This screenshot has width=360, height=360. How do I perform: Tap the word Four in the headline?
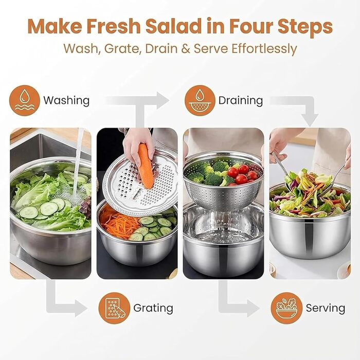click(251, 26)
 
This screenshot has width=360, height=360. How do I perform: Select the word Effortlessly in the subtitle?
click(264, 49)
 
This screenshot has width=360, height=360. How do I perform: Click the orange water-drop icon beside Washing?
click(25, 101)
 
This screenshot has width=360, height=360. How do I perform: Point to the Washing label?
click(66, 101)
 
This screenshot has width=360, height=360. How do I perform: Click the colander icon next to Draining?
click(200, 101)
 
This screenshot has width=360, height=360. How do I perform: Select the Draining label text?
click(241, 101)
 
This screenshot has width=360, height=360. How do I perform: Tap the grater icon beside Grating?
click(114, 308)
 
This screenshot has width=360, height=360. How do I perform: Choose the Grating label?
click(153, 308)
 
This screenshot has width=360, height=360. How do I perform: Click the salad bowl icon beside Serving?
click(286, 308)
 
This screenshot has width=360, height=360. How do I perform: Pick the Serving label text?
click(326, 308)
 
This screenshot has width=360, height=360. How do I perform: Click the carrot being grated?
click(146, 166)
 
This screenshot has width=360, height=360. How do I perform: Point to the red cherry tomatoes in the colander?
click(242, 174)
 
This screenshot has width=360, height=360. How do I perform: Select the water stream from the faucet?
click(77, 160)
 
